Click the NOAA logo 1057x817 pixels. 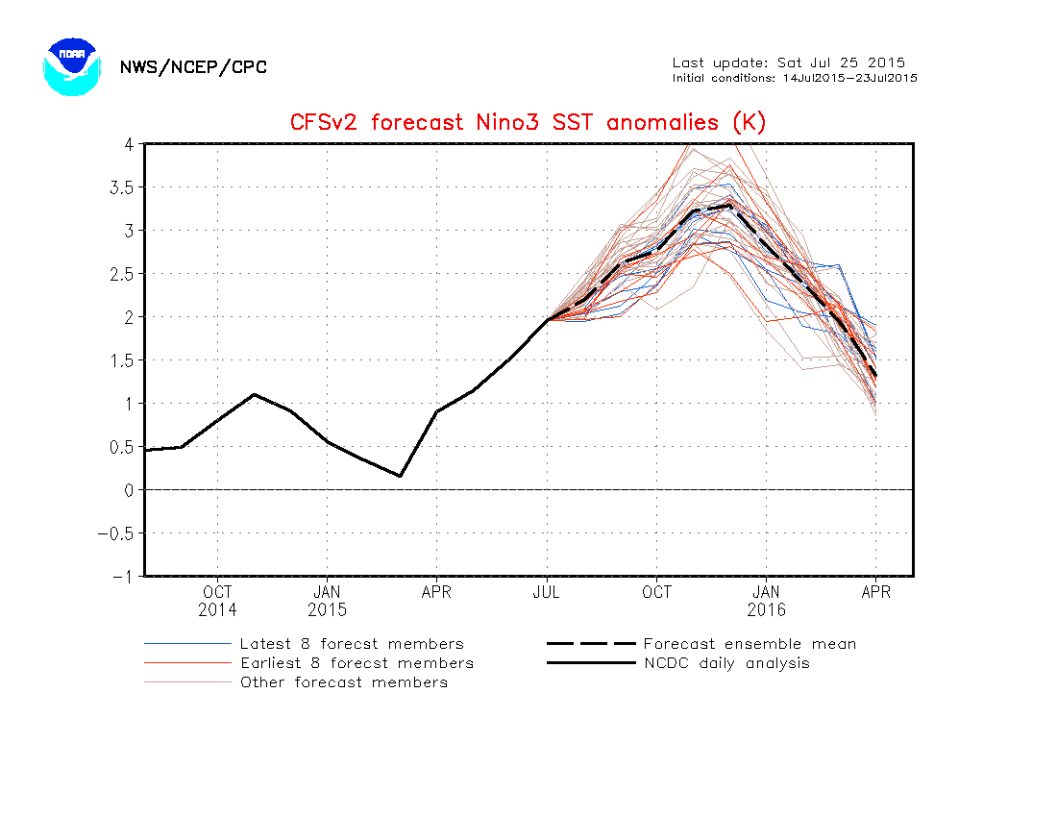pyautogui.click(x=72, y=65)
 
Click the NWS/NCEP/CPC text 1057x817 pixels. pyautogui.click(x=193, y=67)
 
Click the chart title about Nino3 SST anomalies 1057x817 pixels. pyautogui.click(x=528, y=122)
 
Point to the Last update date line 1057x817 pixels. pyautogui.click(x=788, y=63)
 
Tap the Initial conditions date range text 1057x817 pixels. pyautogui.click(x=794, y=78)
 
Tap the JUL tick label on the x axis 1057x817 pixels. pyautogui.click(x=547, y=592)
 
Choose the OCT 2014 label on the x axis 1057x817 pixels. pyautogui.click(x=217, y=601)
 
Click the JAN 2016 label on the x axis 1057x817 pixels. pyautogui.click(x=766, y=601)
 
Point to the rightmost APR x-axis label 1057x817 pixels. pyautogui.click(x=875, y=592)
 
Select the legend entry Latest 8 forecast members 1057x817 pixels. pyautogui.click(x=352, y=644)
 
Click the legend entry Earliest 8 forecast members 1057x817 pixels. pyautogui.click(x=356, y=663)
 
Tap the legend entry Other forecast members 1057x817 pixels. pyautogui.click(x=344, y=682)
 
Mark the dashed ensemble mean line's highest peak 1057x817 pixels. pyautogui.click(x=729, y=205)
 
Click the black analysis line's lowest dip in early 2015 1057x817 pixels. pyautogui.click(x=400, y=476)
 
